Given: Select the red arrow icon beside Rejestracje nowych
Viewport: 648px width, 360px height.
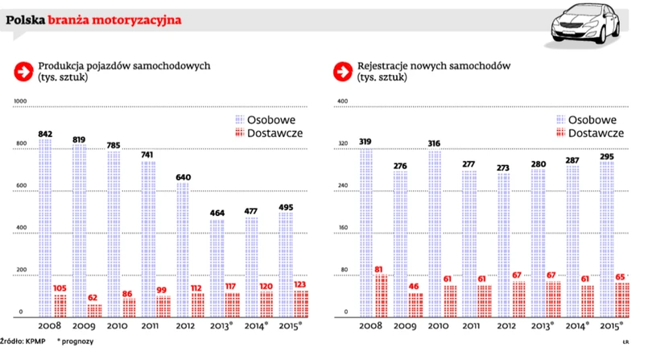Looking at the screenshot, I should (x=342, y=72).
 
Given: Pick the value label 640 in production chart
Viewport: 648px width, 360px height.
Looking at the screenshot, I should (x=184, y=177).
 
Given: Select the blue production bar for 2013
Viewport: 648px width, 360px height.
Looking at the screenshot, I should (x=217, y=267).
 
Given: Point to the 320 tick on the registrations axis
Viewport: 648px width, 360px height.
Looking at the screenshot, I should (x=342, y=144).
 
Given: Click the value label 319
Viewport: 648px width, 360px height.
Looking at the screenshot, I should (x=365, y=141).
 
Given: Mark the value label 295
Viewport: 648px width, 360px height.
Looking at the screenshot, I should (x=606, y=156).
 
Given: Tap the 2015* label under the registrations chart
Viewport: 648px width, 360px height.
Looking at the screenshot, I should (x=613, y=326).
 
